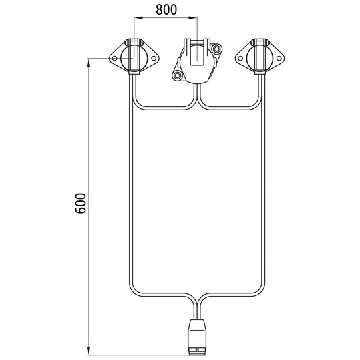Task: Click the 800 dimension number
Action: click(166, 9)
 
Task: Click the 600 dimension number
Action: click(81, 204)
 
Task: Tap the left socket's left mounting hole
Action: click(114, 59)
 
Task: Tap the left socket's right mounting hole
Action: click(154, 59)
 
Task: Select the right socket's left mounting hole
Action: click(240, 59)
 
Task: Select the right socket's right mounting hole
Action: click(279, 59)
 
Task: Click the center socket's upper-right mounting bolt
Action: click(216, 49)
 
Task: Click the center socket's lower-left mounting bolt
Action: click(177, 75)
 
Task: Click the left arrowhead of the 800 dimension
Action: click(138, 17)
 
